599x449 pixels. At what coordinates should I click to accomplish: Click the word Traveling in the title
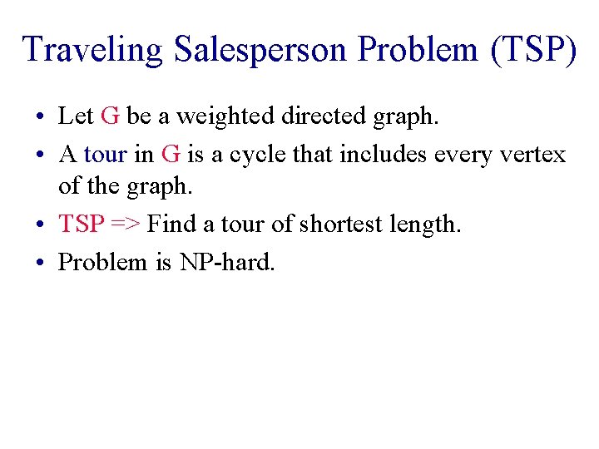[92, 49]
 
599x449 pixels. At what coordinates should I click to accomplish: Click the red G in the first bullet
[110, 116]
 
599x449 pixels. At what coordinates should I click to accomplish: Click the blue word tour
[106, 155]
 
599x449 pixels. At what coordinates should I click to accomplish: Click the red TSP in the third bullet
[81, 224]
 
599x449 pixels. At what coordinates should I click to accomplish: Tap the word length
[423, 224]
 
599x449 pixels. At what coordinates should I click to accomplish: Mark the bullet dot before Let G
[41, 117]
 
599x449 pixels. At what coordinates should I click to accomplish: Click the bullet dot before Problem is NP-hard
[41, 263]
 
